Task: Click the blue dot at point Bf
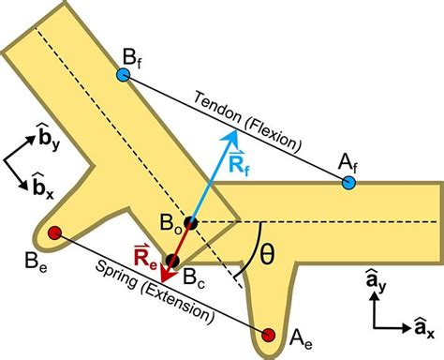point(124,74)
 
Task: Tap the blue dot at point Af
point(348,182)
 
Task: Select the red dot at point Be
point(54,232)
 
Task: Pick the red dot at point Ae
point(270,335)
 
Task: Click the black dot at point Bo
point(190,223)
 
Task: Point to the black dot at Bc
point(171,261)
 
